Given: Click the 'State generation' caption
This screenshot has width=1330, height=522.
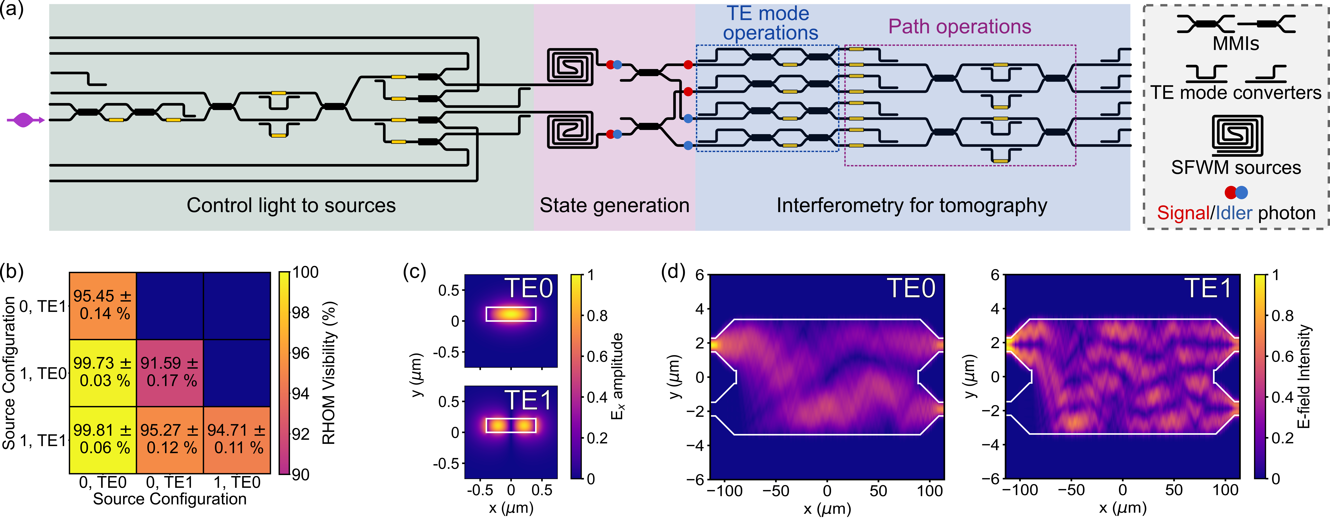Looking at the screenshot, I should [614, 205].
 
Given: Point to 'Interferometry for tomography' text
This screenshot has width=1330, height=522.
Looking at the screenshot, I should [912, 205].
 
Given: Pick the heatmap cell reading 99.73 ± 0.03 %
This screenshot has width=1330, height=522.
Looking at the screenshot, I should [102, 372].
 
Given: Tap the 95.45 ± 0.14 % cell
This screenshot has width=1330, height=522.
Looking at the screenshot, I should [102, 305].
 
